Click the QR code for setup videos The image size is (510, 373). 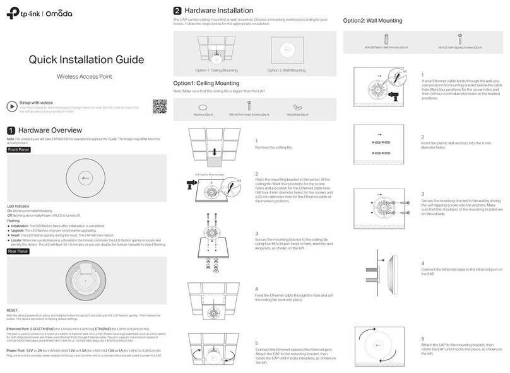coord(159,106)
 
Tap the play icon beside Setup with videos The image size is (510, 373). coord(11,105)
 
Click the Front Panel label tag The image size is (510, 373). coord(18,150)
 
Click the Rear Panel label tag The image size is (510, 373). coord(18,251)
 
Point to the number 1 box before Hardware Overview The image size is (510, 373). coord(10,130)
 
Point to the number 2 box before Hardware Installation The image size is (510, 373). coord(177,11)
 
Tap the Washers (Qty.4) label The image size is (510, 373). coord(203,115)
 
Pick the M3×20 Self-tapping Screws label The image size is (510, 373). coord(464,47)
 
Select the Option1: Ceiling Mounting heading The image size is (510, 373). coord(206,83)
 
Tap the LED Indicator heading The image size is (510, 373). coord(19,206)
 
